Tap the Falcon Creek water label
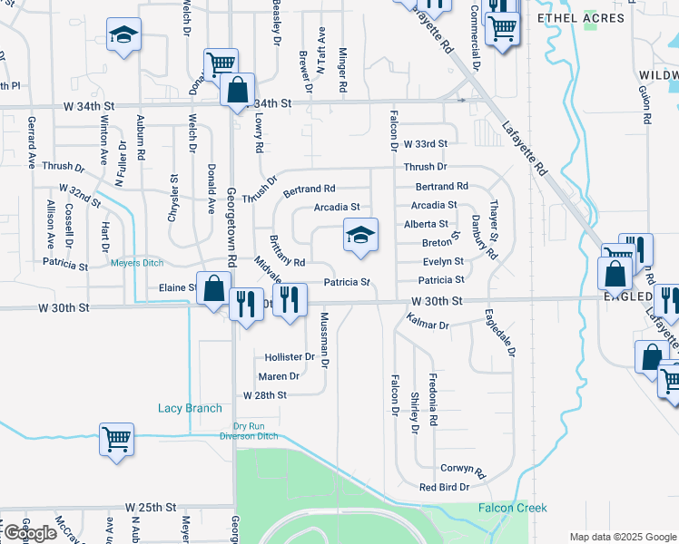pyautogui.click(x=513, y=508)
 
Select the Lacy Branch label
pyautogui.click(x=190, y=409)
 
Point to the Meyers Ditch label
pyautogui.click(x=136, y=264)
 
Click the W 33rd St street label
pyautogui.click(x=426, y=144)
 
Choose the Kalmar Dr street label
pyautogui.click(x=428, y=323)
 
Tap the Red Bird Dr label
pyautogui.click(x=444, y=487)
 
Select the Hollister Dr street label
pyautogui.click(x=289, y=357)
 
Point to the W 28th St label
pyautogui.click(x=264, y=395)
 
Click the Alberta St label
pyautogui.click(x=426, y=224)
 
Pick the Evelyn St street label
pyautogui.click(x=443, y=262)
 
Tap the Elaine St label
pyautogui.click(x=177, y=287)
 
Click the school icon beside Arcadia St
pyautogui.click(x=360, y=237)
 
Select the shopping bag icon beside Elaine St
pyautogui.click(x=213, y=289)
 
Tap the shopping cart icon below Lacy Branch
pyautogui.click(x=116, y=440)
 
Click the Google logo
pyautogui.click(x=29, y=533)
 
